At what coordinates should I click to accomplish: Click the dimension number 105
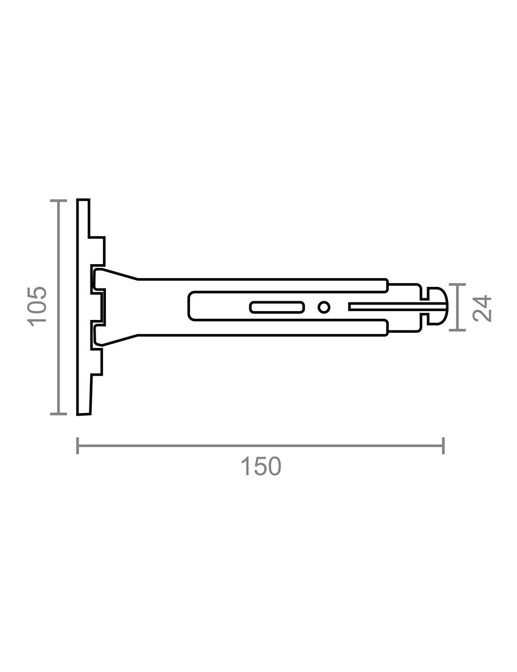[37, 307]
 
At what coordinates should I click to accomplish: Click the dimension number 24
[482, 308]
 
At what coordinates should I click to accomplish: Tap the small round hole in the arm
[324, 307]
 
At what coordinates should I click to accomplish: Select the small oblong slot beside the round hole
[277, 307]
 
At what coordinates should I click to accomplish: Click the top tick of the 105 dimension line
[58, 201]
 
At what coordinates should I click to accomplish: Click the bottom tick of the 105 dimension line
[58, 414]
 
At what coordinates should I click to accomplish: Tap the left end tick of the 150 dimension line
[78, 446]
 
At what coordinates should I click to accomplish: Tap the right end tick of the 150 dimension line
[444, 446]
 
